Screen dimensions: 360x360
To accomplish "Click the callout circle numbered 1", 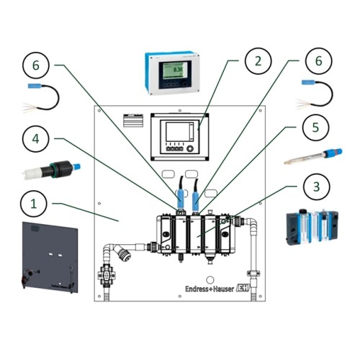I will point(34,204).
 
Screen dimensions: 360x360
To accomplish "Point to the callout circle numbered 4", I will point(34,139).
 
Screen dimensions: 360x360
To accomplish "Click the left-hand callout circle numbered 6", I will point(34,66).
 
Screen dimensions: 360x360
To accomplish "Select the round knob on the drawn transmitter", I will point(191,150).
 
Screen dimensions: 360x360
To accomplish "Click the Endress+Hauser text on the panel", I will point(201,288).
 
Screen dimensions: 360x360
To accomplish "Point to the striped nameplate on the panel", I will point(135,119).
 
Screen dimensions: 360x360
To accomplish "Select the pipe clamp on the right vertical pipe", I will point(253,274).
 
